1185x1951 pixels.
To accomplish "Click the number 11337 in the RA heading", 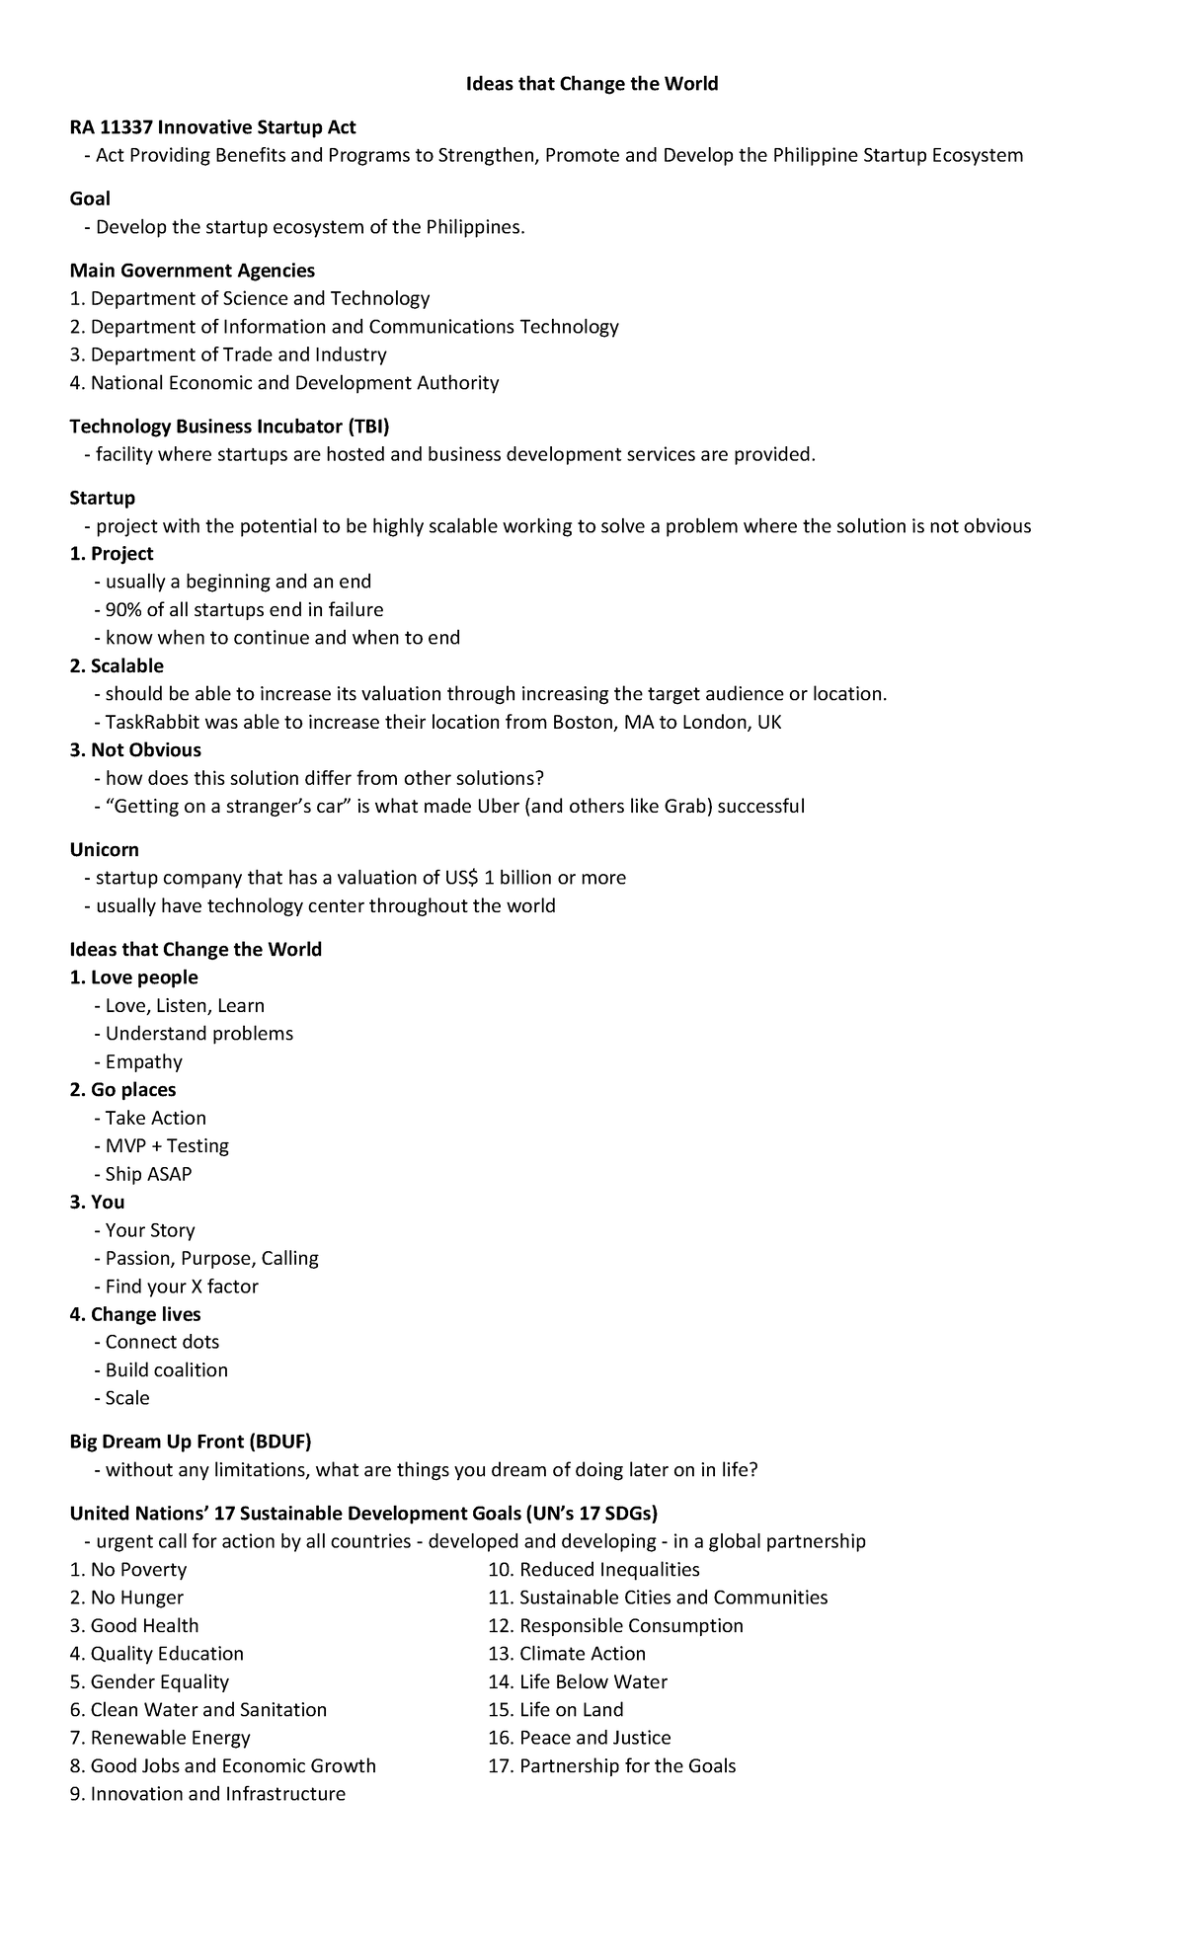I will point(124,127).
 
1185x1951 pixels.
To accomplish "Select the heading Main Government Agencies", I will point(193,271).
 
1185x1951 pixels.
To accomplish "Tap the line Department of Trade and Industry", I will point(228,354).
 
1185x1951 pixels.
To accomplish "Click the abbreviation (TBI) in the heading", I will point(367,427).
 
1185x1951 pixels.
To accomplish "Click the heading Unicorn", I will point(104,849).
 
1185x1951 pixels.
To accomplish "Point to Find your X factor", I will point(182,1287).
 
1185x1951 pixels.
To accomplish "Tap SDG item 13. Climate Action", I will point(567,1654).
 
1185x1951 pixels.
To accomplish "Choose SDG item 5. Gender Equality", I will point(149,1681).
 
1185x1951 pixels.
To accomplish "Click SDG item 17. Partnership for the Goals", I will point(611,1765).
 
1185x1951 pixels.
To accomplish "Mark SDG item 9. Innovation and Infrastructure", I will point(207,1793).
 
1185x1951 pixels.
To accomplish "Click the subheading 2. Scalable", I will point(117,665).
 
